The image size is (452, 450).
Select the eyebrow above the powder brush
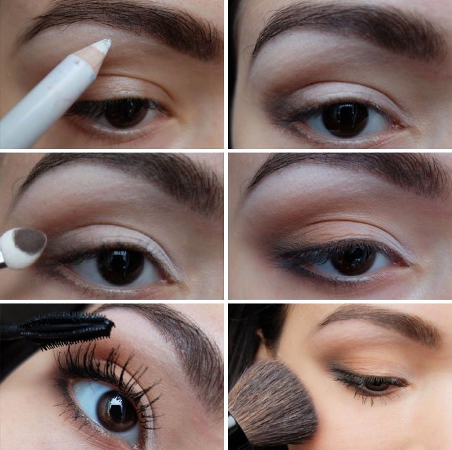[x=381, y=322]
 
